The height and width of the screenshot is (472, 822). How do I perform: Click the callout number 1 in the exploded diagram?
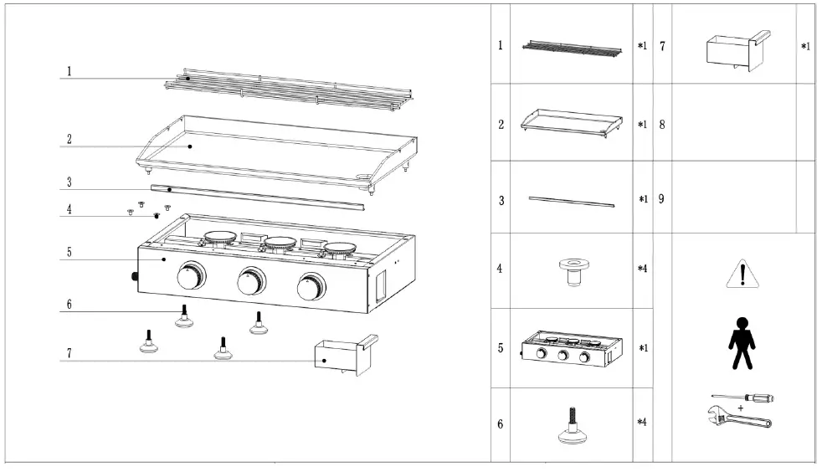coord(69,72)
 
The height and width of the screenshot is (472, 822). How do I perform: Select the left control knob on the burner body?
coord(192,276)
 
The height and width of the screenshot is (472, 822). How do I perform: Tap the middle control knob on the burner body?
coord(250,282)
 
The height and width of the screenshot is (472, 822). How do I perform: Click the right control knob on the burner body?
coord(311,288)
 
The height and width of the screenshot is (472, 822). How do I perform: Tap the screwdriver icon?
coord(742,398)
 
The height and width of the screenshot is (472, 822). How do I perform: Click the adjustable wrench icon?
coord(741,415)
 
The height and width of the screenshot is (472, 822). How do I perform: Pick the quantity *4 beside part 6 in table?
coord(642,422)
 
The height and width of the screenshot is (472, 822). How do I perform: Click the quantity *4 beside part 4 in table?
coord(642,269)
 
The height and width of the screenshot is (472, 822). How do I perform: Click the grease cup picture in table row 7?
coord(733,49)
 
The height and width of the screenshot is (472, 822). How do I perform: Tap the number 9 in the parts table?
coord(661,200)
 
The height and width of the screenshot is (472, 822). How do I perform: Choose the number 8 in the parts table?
coord(661,125)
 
